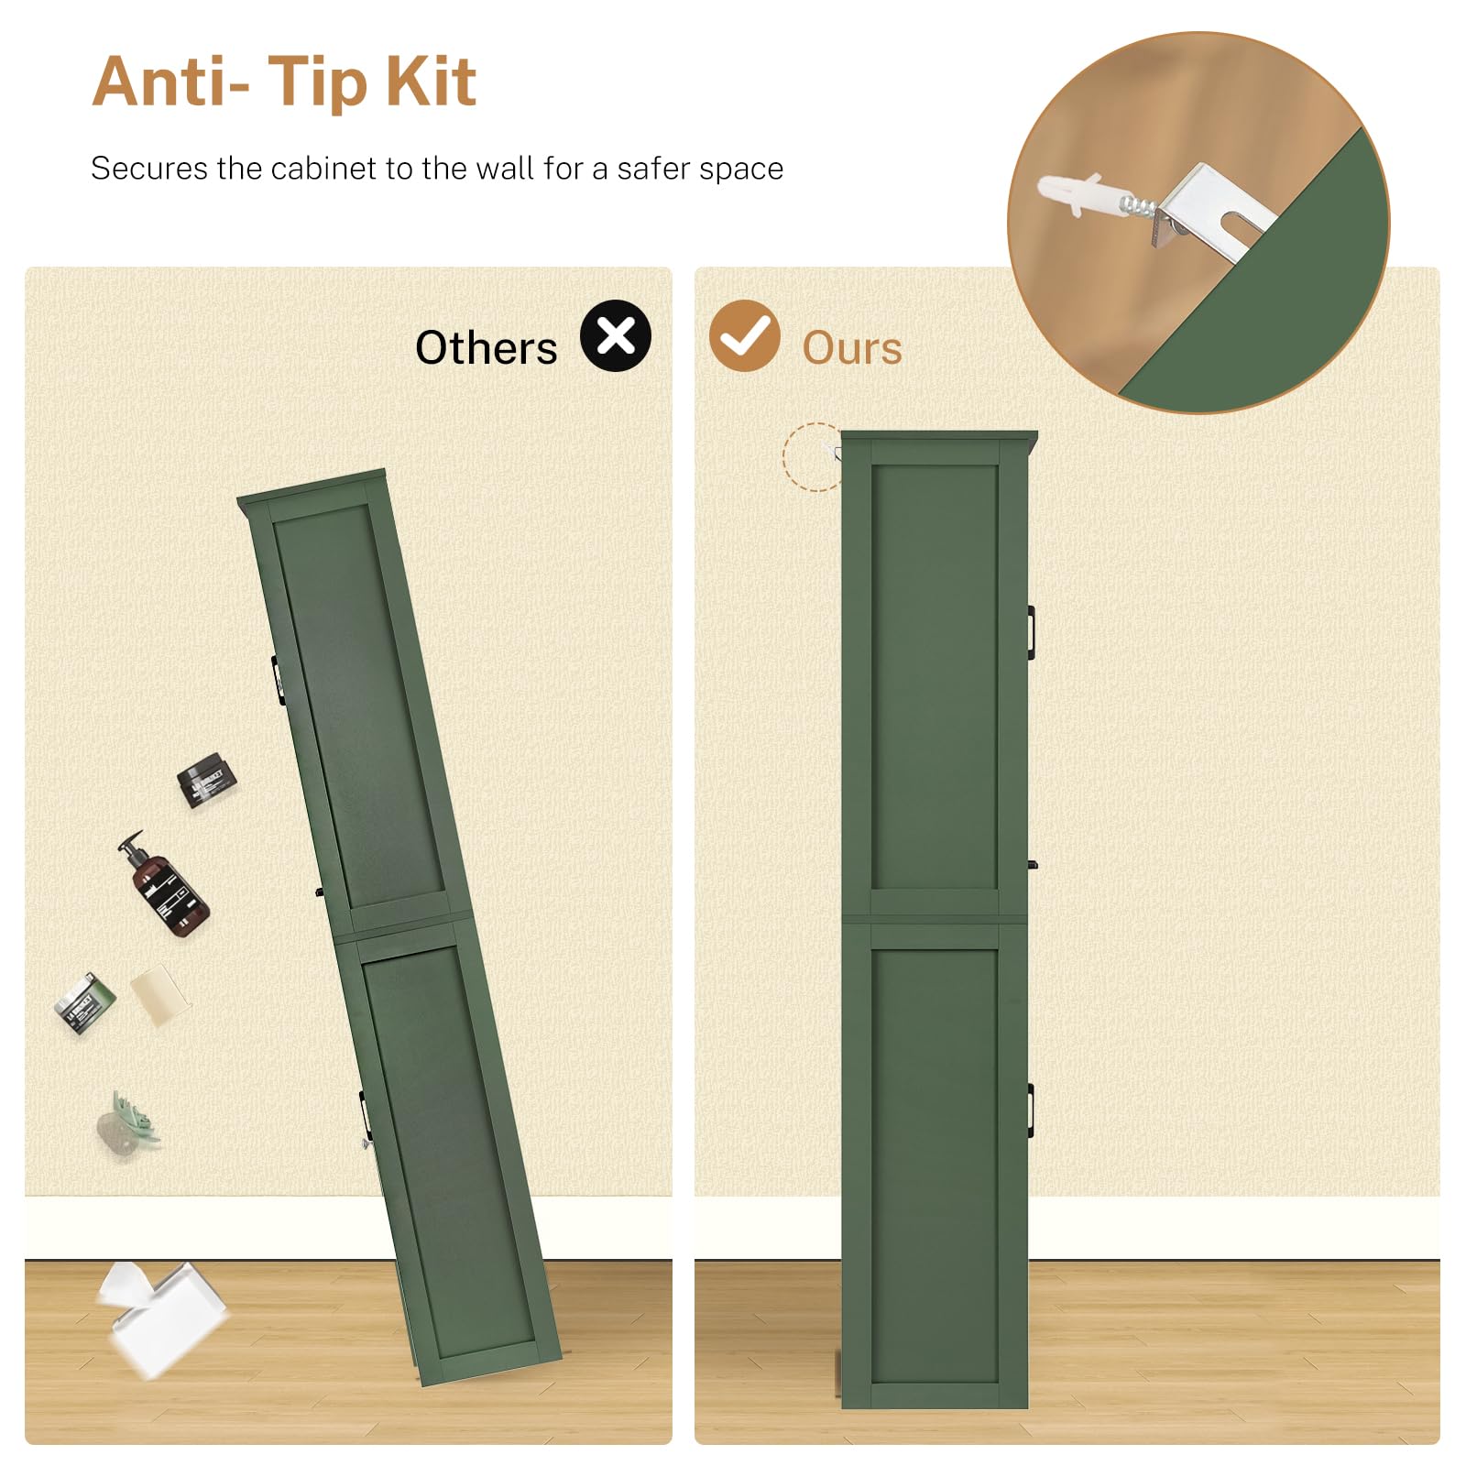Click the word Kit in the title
coord(431,82)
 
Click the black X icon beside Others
coord(616,335)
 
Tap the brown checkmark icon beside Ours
coord(744,335)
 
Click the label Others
coord(486,348)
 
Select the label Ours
coord(852,348)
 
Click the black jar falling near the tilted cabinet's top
coord(207,780)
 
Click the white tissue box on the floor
coord(161,1317)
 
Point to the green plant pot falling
coord(127,1124)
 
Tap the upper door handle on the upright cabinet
coord(1031,631)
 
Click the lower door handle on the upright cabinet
coord(1031,1110)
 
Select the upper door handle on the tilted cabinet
coord(277,680)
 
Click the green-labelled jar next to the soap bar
coord(84,1003)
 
